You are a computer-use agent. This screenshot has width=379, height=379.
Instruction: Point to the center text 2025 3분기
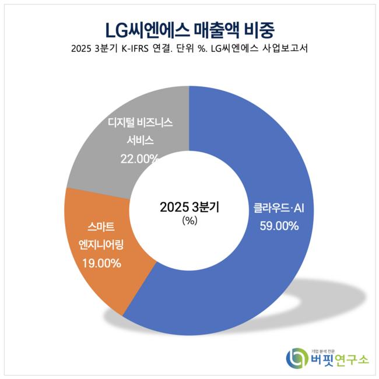point(189,207)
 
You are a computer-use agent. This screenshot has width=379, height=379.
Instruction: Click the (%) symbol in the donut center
point(189,221)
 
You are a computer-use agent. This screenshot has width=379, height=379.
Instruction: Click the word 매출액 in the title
point(211,28)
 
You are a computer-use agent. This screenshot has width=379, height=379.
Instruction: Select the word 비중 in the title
point(257,28)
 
